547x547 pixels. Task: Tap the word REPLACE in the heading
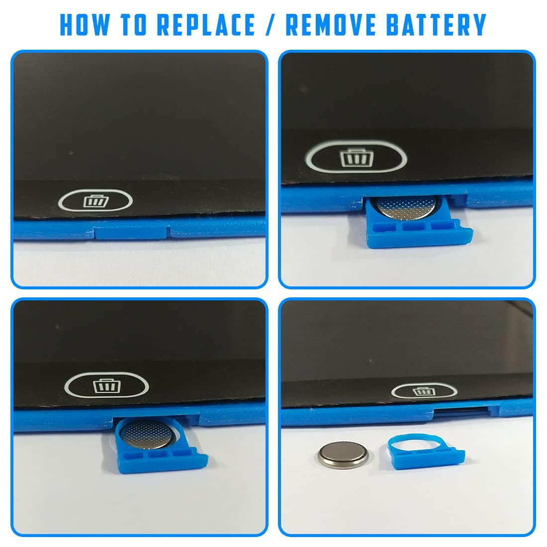(x=206, y=25)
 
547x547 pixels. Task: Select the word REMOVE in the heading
(x=331, y=25)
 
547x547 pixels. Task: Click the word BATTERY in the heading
(x=437, y=25)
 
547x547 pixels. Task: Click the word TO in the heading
(x=134, y=25)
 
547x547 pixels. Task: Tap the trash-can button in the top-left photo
(x=95, y=200)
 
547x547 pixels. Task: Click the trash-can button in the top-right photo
(x=356, y=157)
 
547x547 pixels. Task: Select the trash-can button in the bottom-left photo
(x=107, y=385)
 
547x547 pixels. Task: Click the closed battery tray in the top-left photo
(x=131, y=232)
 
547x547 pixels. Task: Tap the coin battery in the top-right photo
(x=406, y=207)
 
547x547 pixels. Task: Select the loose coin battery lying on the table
(x=343, y=455)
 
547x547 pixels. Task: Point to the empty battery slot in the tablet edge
(x=460, y=411)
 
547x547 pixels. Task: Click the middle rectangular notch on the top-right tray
(x=414, y=226)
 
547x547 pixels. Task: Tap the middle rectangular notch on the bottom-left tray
(x=157, y=455)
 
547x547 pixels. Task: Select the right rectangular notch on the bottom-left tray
(x=181, y=454)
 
